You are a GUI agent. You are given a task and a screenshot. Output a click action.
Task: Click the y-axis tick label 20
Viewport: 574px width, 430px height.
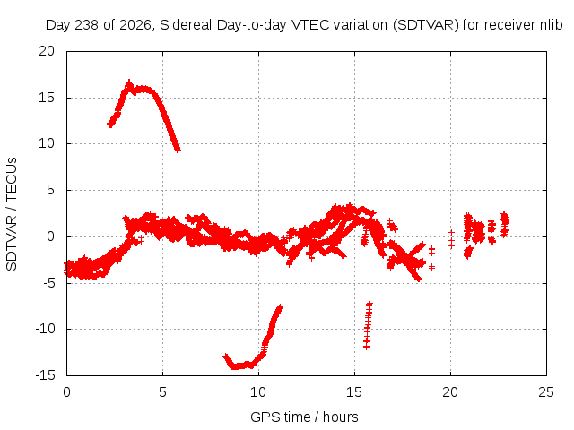click(47, 51)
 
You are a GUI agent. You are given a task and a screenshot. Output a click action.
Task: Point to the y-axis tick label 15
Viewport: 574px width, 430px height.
click(47, 98)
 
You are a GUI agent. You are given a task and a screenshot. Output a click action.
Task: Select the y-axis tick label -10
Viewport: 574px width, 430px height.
click(45, 329)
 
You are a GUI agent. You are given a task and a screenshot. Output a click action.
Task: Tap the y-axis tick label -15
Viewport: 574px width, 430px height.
click(45, 375)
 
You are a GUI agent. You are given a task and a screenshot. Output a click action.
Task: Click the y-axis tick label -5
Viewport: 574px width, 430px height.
click(48, 283)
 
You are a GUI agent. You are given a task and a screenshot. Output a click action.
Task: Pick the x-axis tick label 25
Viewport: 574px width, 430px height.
click(546, 392)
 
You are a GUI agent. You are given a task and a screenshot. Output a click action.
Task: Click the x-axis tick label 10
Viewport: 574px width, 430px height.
click(258, 392)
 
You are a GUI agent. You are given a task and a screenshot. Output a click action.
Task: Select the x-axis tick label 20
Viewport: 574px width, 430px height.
click(450, 392)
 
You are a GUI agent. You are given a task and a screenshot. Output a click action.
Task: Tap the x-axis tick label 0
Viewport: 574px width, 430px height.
click(66, 392)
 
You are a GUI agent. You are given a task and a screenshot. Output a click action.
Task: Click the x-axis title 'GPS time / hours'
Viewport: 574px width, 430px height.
click(304, 417)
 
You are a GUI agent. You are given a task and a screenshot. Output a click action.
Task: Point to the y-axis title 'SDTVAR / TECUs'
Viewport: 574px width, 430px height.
click(12, 214)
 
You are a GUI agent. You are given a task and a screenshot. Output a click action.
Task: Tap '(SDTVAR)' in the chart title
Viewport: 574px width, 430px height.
click(425, 25)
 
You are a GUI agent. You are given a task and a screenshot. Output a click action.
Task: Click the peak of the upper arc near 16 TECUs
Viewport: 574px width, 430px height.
click(129, 83)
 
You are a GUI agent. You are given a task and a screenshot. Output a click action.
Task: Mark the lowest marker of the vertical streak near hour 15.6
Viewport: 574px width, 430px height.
click(366, 346)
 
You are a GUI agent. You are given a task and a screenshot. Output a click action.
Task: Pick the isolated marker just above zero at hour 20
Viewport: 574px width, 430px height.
click(451, 233)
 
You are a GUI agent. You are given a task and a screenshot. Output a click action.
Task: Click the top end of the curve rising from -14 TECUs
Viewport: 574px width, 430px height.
click(280, 307)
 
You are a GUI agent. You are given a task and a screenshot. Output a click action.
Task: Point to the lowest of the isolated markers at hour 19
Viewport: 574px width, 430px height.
click(432, 268)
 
